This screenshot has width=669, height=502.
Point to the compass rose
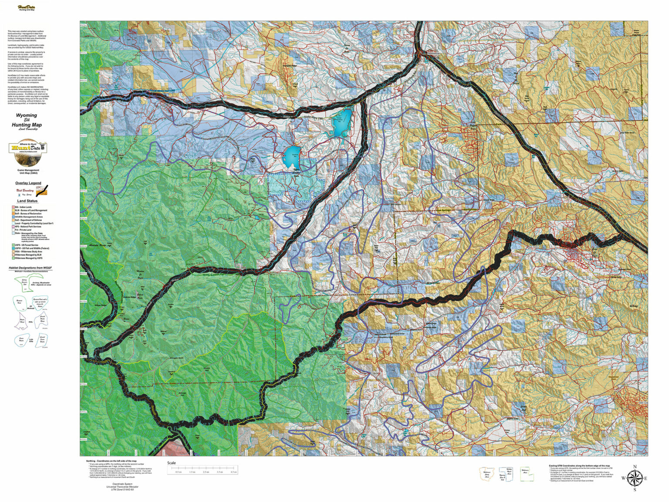(635, 478)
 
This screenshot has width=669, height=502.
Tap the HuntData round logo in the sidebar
(28, 153)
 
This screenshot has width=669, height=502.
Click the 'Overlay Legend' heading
(28, 183)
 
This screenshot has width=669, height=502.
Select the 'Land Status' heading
(27, 201)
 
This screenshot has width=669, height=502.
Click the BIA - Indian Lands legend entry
(24, 207)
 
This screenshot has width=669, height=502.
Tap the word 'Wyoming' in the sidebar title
(27, 115)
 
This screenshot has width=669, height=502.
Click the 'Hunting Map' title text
(27, 125)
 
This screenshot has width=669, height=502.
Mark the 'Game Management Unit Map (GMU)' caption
(28, 172)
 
